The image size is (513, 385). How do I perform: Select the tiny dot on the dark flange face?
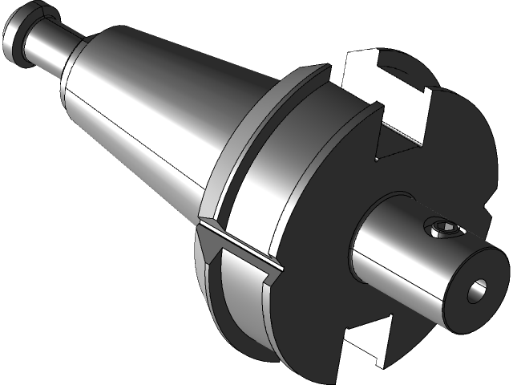coord(377,159)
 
